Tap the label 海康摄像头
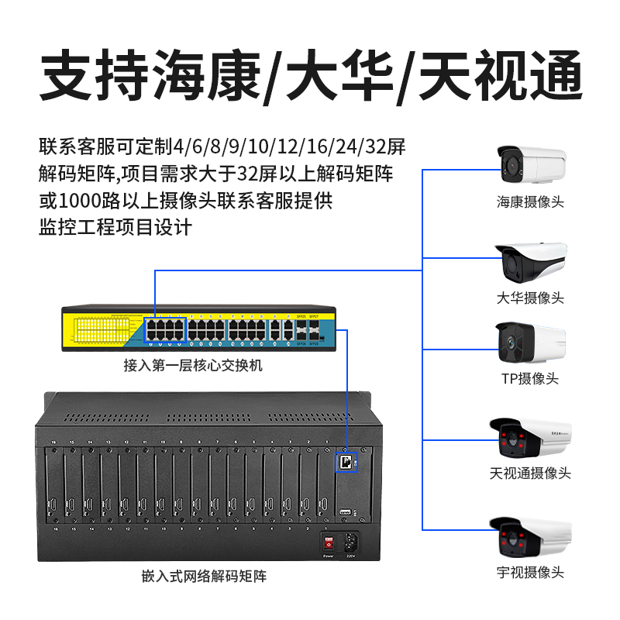click(x=531, y=203)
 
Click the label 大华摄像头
click(x=531, y=298)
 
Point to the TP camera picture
click(x=531, y=343)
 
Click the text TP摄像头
click(x=531, y=379)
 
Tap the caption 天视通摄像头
click(x=531, y=474)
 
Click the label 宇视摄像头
click(x=531, y=573)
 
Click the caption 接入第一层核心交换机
click(x=193, y=364)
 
